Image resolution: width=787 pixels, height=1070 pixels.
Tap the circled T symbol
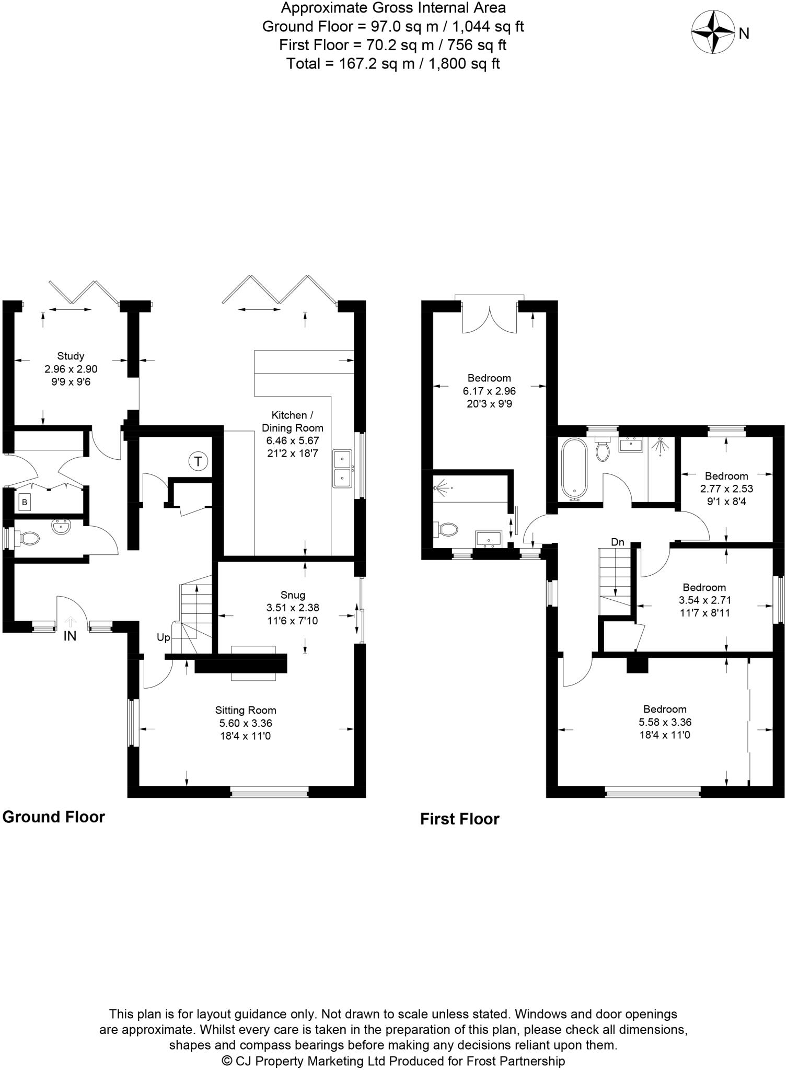click(x=198, y=461)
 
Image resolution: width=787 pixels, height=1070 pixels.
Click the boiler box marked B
click(x=24, y=503)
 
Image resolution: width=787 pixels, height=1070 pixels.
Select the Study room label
click(x=71, y=356)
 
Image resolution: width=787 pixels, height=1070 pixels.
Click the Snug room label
click(x=293, y=595)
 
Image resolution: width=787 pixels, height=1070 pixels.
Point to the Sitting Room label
click(x=246, y=710)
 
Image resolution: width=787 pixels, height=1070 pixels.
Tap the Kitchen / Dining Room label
click(x=292, y=421)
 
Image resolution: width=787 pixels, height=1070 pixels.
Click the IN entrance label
click(x=70, y=636)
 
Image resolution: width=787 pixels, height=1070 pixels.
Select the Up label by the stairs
click(x=163, y=638)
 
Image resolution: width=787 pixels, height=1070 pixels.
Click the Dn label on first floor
click(x=618, y=542)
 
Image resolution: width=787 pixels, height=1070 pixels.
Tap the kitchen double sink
click(x=342, y=469)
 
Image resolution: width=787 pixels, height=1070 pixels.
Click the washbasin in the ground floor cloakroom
click(x=62, y=527)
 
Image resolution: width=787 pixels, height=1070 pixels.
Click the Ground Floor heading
click(x=54, y=817)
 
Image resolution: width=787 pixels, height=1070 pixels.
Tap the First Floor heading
click(x=459, y=819)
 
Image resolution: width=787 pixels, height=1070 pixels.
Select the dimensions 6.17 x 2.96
click(x=489, y=391)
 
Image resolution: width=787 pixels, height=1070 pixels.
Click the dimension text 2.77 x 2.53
click(x=726, y=489)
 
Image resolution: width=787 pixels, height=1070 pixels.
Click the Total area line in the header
click(x=393, y=64)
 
